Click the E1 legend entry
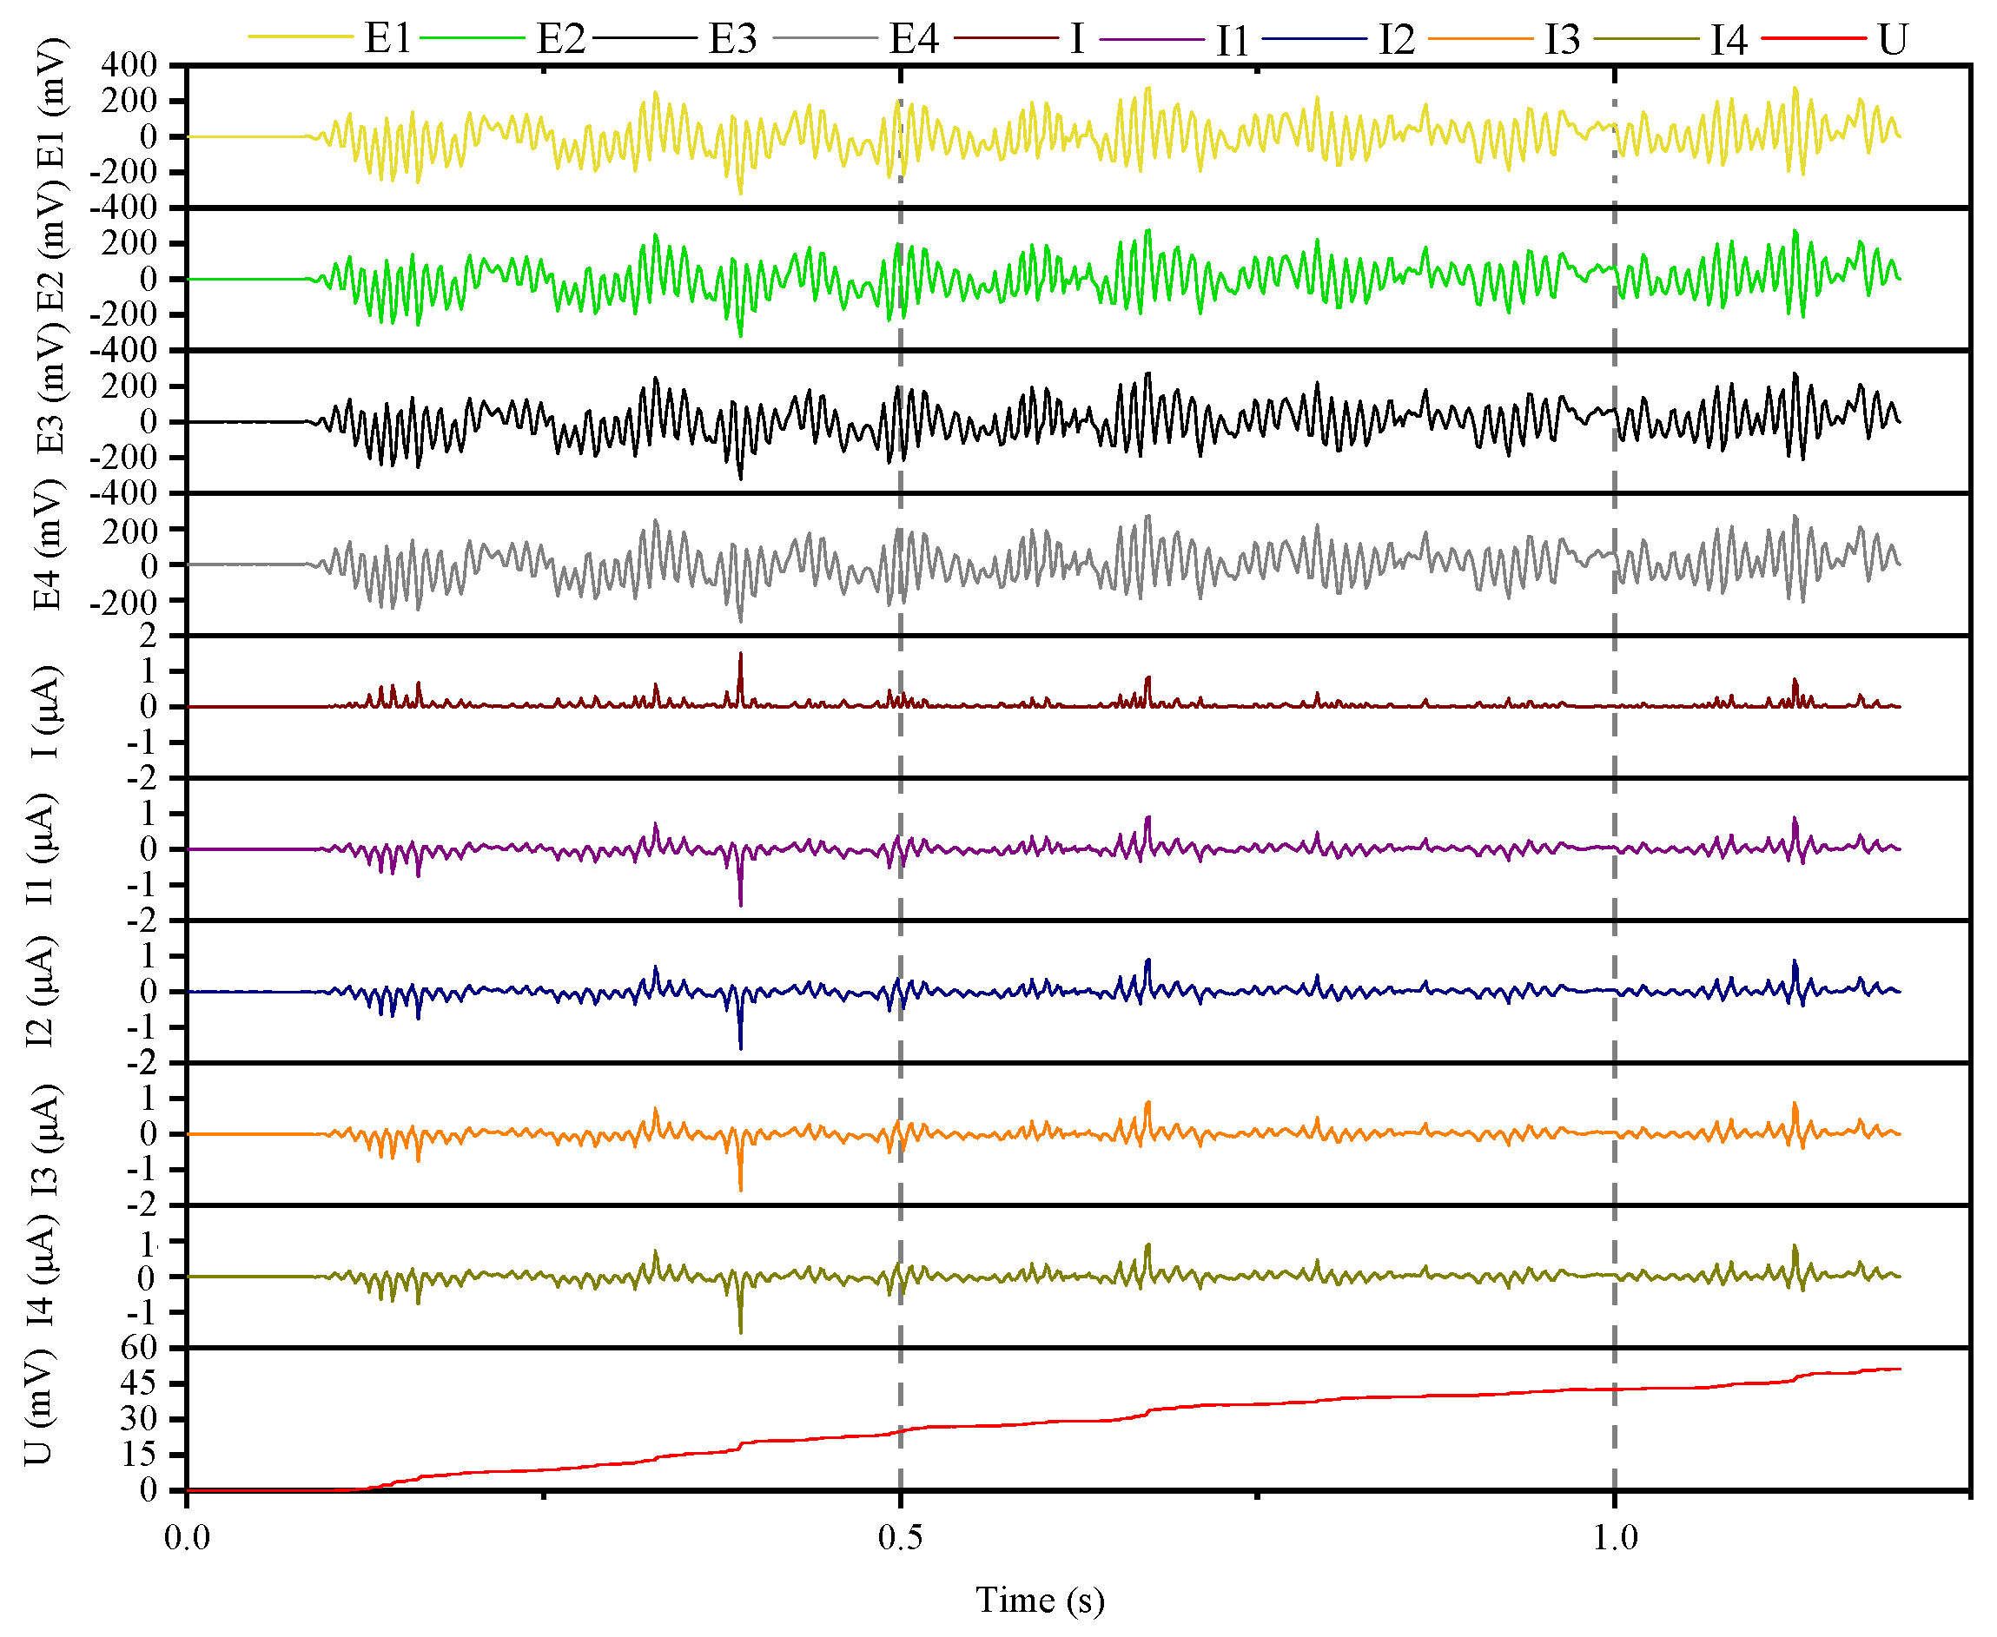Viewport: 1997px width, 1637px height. [387, 39]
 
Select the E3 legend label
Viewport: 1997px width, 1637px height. [732, 39]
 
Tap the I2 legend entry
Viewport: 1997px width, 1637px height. [1396, 40]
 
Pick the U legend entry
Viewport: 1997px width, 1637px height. [1892, 40]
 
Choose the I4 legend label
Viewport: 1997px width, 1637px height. [1728, 40]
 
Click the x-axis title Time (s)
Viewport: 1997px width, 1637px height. [1040, 1600]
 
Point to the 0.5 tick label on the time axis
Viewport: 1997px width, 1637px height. [901, 1538]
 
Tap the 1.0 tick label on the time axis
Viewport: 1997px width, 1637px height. [1615, 1538]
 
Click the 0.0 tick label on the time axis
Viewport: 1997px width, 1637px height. [187, 1538]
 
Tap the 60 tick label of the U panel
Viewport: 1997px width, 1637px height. [139, 1348]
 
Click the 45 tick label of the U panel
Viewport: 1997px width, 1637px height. [139, 1383]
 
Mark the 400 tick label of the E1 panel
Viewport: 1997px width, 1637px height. [130, 64]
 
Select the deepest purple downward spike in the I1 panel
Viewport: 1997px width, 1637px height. [740, 903]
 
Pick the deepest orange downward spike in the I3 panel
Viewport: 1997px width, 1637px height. [740, 1188]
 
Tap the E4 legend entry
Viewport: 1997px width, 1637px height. [914, 39]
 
